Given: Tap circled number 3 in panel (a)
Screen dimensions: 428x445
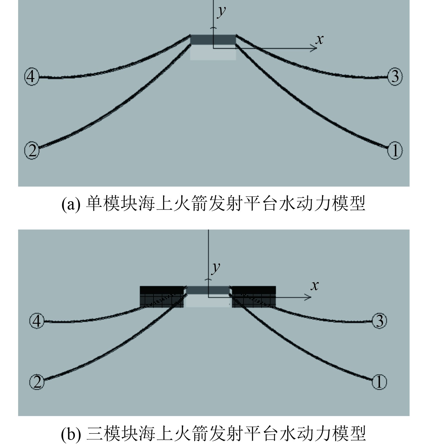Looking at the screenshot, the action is [x=395, y=76].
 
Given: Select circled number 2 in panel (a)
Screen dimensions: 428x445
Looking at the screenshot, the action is [x=32, y=150].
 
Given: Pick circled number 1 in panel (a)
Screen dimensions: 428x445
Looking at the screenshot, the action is [x=395, y=150].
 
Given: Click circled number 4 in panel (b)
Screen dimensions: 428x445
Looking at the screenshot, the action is [x=37, y=321].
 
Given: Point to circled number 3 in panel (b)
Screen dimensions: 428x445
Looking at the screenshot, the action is [x=379, y=321].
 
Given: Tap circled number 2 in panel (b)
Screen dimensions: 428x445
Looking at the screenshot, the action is [x=37, y=382].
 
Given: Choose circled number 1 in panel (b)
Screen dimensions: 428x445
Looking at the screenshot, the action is [x=379, y=382].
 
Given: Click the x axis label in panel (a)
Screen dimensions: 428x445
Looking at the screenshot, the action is [x=319, y=39].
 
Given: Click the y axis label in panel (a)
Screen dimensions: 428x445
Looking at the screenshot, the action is [x=222, y=11].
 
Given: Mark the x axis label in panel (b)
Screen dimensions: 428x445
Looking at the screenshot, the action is [x=315, y=285].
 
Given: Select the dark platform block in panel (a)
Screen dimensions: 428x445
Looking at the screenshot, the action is [x=213, y=40].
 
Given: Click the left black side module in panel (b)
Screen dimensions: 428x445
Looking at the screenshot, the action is [x=162, y=297].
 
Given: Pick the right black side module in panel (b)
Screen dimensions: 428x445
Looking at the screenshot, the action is [x=254, y=297].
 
